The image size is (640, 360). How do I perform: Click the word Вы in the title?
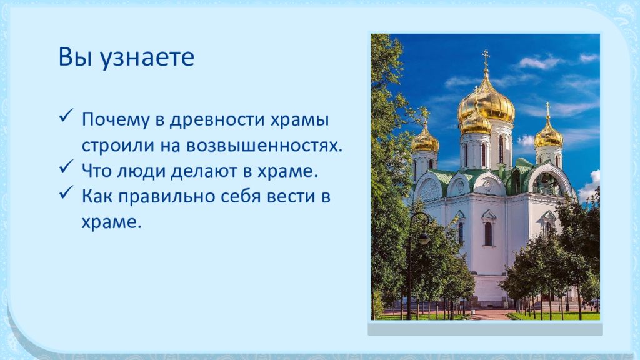coord(75,57)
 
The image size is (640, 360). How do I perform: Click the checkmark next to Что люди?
coord(66,166)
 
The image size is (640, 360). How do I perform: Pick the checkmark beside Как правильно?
coord(66,192)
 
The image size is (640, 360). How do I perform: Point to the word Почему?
coord(116,120)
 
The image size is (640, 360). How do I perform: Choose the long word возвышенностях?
coord(264,146)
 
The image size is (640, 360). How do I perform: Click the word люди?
coord(141,171)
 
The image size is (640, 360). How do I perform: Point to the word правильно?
coord(167,197)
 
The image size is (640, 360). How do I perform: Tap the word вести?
coord(291,196)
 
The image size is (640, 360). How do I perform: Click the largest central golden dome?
coord(486,101)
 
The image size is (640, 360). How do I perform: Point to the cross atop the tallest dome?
coord(486,58)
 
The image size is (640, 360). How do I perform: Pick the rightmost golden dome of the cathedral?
coord(548,134)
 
